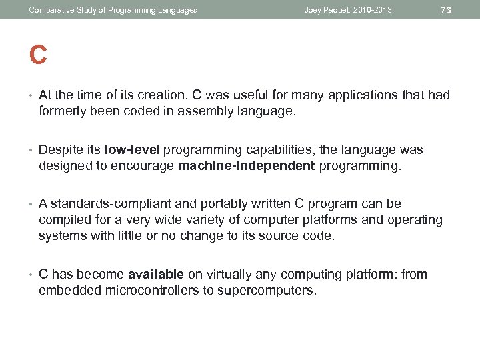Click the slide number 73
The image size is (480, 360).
tap(446, 10)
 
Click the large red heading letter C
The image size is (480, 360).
tap(38, 55)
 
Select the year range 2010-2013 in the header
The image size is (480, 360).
tap(373, 10)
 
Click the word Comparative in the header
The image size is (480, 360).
tap(51, 10)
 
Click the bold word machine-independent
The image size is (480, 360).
tap(246, 166)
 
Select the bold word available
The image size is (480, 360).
tap(156, 274)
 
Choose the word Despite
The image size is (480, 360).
tap(60, 150)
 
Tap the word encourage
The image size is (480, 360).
tap(143, 166)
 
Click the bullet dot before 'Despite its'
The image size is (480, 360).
tap(31, 150)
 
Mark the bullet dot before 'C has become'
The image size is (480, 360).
tap(31, 274)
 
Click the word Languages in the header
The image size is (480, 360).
tap(178, 10)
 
